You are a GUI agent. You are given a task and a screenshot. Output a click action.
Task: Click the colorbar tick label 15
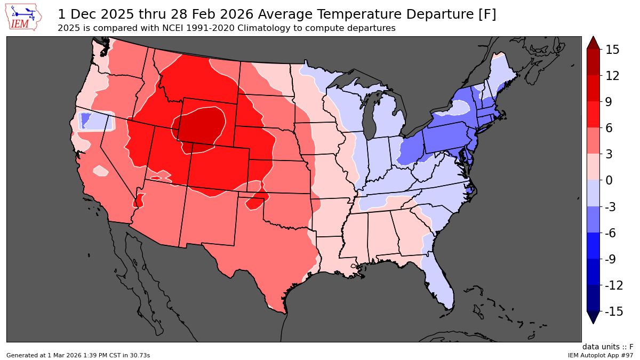(x=612, y=50)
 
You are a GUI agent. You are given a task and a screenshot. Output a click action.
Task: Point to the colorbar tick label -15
(x=614, y=311)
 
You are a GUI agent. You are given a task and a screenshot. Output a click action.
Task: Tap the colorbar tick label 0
(x=608, y=181)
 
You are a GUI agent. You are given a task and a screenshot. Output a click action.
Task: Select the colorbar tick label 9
(x=608, y=102)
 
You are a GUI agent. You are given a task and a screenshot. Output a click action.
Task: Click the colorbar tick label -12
(x=614, y=285)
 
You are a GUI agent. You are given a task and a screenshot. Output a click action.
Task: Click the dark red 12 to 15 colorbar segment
(x=593, y=62)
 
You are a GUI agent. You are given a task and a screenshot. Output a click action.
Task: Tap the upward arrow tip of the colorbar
(x=593, y=41)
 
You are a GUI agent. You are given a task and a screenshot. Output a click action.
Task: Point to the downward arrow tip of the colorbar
(x=593, y=320)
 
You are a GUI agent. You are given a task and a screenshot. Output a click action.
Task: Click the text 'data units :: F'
(x=607, y=347)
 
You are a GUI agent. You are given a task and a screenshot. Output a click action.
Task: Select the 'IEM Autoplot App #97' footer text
(x=600, y=355)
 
